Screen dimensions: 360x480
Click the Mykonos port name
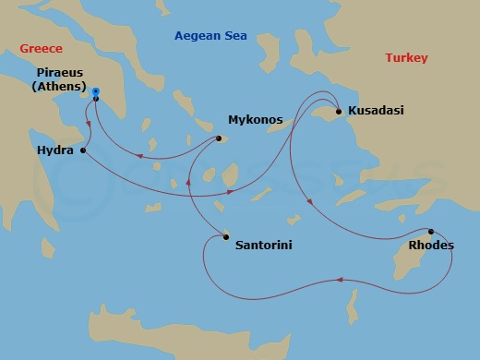tap(255, 119)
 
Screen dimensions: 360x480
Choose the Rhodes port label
tap(430, 247)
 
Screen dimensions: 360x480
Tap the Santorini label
tap(265, 246)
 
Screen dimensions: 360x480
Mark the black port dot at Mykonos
tap(219, 139)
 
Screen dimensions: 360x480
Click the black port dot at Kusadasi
tap(339, 112)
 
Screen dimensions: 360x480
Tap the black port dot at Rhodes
tap(430, 232)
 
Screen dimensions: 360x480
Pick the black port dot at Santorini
tap(224, 237)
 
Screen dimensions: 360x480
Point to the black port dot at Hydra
tap(83, 150)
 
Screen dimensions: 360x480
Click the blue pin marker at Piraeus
tap(96, 93)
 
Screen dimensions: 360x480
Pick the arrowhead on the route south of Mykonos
tap(188, 181)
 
